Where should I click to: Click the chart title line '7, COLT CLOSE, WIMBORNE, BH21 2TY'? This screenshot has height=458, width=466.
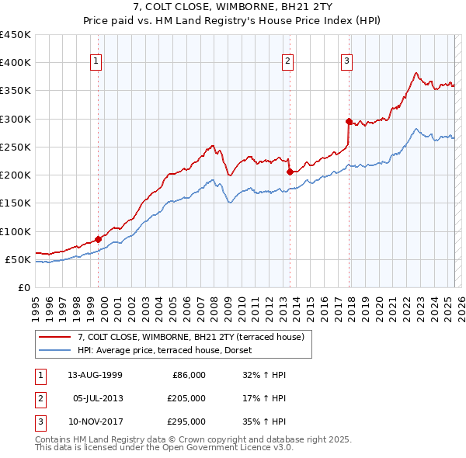[x=232, y=9]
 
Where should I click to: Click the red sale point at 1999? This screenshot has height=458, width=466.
[x=99, y=239]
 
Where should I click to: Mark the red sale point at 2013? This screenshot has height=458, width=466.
[x=289, y=172]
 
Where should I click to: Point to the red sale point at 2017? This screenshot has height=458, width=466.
[x=349, y=121]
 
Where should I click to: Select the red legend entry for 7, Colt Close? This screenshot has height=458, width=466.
[x=194, y=336]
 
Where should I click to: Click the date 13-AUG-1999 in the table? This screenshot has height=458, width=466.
[x=96, y=375]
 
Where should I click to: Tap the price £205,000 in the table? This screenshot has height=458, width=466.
[x=186, y=398]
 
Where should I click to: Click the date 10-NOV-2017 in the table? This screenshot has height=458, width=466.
[x=96, y=422]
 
